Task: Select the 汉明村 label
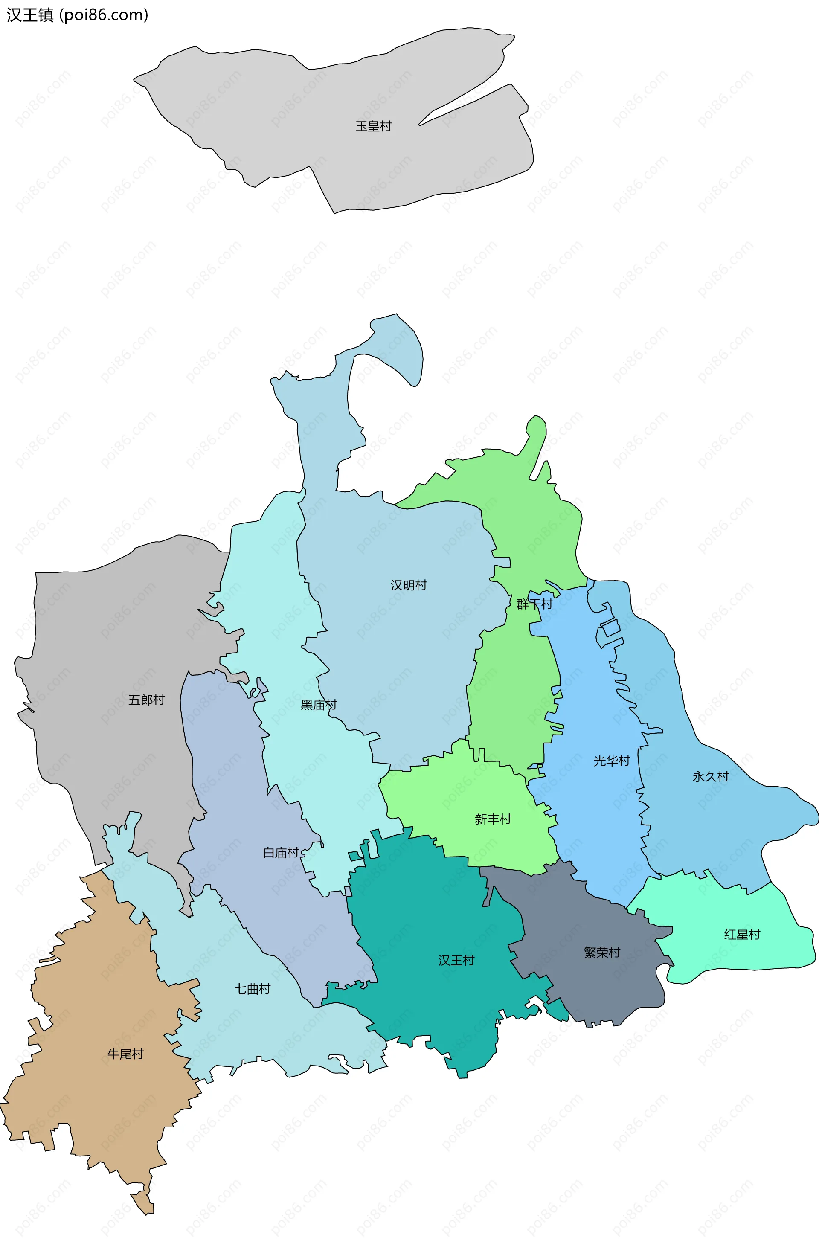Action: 409,585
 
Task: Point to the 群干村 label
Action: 534,604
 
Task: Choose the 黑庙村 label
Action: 319,705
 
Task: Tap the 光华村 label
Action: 611,761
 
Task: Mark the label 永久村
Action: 710,777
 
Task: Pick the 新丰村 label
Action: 493,819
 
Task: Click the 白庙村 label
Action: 281,853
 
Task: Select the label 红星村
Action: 742,934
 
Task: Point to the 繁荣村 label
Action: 602,953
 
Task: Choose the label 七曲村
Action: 252,989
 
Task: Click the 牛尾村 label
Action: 125,1054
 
